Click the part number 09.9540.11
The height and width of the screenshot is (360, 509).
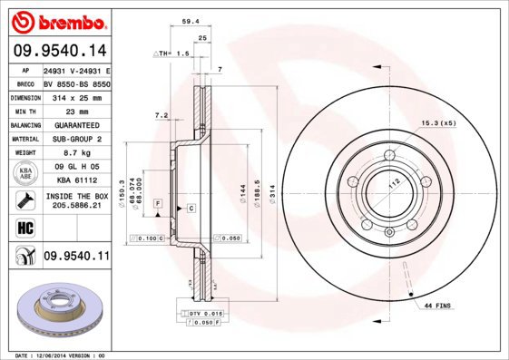76,258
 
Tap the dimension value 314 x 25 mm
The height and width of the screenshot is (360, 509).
76,96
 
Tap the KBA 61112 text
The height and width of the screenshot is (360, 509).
76,180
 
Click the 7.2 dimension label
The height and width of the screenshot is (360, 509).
162,115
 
